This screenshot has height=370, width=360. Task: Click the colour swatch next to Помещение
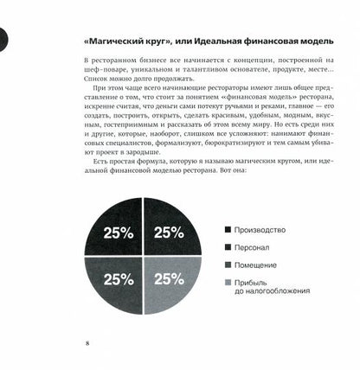pos(228,265)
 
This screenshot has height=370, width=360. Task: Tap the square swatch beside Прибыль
pos(228,282)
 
